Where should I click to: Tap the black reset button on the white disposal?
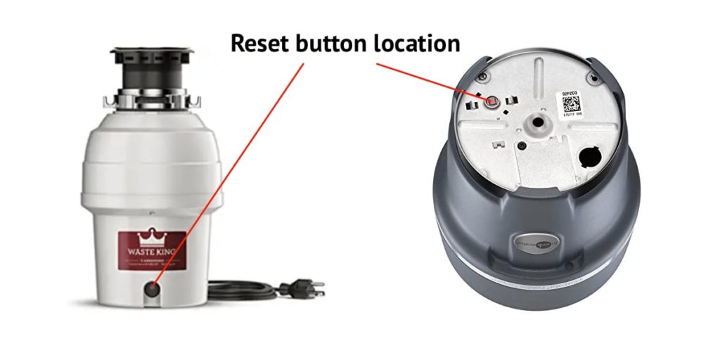tap(151, 288)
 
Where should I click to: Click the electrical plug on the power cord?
tap(304, 288)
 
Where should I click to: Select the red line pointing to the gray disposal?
tap(429, 81)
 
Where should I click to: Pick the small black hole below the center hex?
tap(523, 146)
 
